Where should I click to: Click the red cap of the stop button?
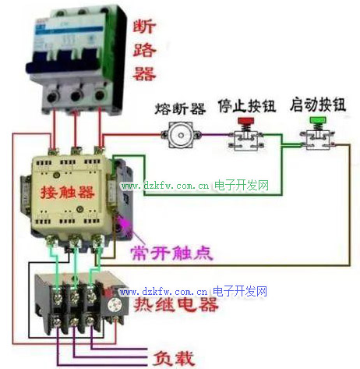(246, 121)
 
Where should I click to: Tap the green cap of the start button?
(318, 120)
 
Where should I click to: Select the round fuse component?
(181, 135)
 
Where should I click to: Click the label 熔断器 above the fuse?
(180, 108)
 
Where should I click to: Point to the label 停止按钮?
(247, 105)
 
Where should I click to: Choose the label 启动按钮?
(318, 105)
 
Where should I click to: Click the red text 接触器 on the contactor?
(68, 192)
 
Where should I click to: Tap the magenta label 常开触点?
(171, 253)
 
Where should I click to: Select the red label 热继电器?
(176, 304)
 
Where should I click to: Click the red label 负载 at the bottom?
(174, 358)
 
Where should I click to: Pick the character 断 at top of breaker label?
(144, 27)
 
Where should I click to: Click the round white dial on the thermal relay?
(115, 304)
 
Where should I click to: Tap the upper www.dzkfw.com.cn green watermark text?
(165, 186)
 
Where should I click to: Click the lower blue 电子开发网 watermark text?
(240, 291)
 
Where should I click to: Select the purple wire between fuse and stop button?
(215, 135)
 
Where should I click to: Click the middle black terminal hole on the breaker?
(76, 96)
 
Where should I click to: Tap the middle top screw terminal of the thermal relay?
(74, 295)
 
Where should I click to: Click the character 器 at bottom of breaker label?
(144, 73)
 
